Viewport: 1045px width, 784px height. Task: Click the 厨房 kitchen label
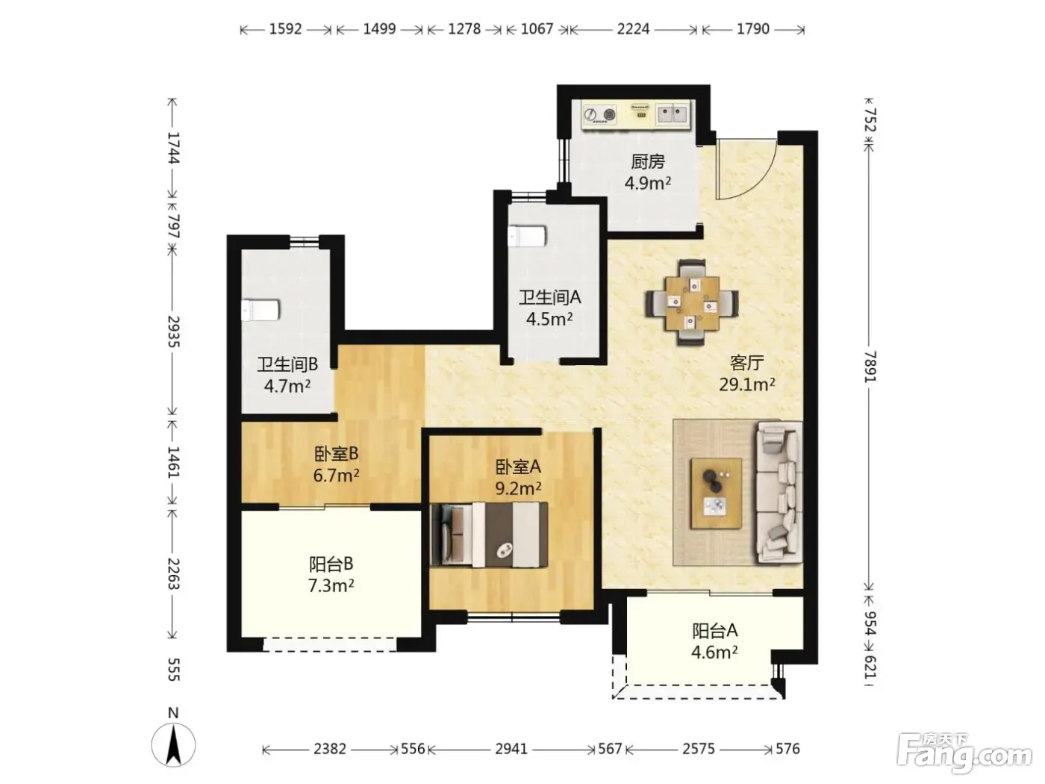tap(647, 162)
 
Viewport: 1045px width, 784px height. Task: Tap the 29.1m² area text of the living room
tap(746, 384)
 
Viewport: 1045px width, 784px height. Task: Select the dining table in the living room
tap(692, 303)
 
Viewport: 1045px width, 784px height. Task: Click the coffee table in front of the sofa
tap(716, 493)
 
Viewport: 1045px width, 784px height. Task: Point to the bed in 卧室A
tap(489, 535)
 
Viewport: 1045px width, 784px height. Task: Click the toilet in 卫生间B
tap(260, 310)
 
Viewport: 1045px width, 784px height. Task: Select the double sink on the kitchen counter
tap(673, 114)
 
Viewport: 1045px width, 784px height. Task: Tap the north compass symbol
tap(173, 744)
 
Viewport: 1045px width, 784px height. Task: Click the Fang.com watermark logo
tap(964, 753)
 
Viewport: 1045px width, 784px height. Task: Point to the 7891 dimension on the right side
tap(870, 367)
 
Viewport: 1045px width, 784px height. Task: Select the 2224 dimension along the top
tap(633, 29)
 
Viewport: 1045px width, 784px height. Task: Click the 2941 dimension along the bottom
tap(511, 749)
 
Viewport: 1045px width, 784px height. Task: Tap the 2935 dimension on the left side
tap(173, 332)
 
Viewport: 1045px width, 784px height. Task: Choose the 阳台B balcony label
tap(331, 564)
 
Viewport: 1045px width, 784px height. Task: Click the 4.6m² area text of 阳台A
tap(714, 652)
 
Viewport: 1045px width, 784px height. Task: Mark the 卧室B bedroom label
tap(336, 454)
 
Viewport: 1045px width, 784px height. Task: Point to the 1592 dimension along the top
tap(286, 29)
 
